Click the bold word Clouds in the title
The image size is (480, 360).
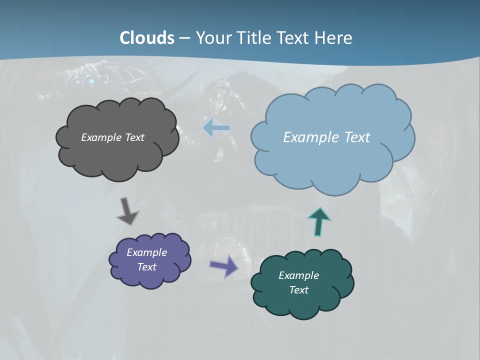(147, 38)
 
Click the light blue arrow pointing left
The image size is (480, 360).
(216, 128)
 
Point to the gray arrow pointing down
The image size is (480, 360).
(127, 211)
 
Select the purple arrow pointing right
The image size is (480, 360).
(224, 266)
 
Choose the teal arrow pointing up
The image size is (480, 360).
(319, 221)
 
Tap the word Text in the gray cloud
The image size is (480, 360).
(134, 137)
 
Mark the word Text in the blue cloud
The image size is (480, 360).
(357, 137)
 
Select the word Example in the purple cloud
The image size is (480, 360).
(146, 252)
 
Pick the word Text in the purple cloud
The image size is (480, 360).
(146, 267)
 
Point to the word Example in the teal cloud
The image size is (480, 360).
(298, 275)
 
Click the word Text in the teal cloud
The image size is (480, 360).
(298, 290)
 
